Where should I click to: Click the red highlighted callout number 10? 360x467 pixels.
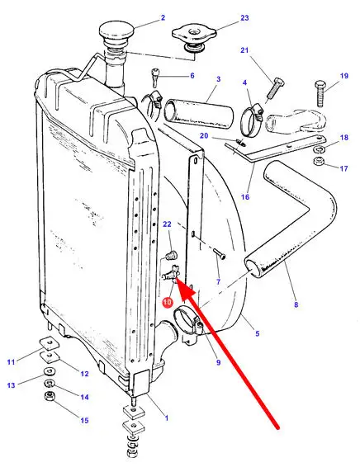click(168, 302)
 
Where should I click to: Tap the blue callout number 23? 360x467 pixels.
click(244, 18)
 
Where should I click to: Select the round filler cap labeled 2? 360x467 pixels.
click(116, 32)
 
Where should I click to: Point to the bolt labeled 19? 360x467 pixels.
click(320, 93)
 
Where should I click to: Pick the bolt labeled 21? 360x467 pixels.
click(275, 88)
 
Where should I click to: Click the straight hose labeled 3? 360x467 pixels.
click(199, 114)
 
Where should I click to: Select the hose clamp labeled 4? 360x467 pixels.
click(252, 120)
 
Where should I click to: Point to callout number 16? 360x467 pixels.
click(245, 197)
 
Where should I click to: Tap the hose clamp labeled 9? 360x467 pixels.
click(188, 323)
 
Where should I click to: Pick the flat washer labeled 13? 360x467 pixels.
click(50, 371)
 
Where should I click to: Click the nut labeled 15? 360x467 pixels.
click(49, 396)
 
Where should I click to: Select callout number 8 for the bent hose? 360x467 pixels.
click(296, 304)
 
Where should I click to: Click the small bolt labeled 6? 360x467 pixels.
click(155, 78)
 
